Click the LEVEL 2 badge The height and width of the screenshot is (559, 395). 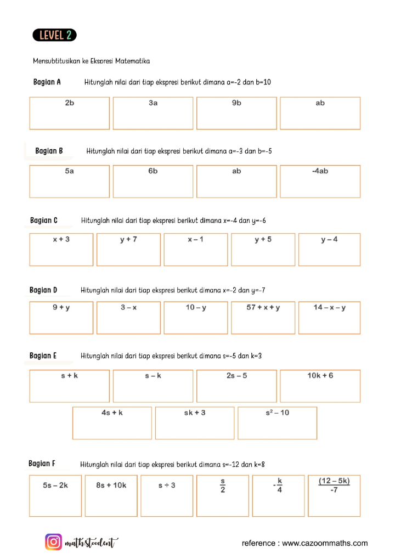54,35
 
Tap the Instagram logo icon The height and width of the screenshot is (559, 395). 53,543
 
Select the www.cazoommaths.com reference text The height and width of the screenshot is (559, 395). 305,543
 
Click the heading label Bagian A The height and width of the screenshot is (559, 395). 47,82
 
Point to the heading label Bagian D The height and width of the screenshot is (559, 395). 43,290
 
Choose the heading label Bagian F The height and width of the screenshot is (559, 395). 42,464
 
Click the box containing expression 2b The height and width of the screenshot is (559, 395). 70,114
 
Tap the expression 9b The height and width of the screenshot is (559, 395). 236,103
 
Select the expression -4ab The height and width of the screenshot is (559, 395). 320,171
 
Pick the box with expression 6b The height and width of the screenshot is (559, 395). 153,182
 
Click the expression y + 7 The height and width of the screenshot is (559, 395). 128,239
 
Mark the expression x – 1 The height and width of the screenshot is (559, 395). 195,239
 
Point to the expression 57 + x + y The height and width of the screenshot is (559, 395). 263,307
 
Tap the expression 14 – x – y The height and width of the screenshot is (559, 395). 330,307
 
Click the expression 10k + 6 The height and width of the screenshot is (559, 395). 320,376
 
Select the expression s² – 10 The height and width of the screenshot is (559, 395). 277,413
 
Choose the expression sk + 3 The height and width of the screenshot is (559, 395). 195,413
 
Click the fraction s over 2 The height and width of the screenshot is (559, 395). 223,485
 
